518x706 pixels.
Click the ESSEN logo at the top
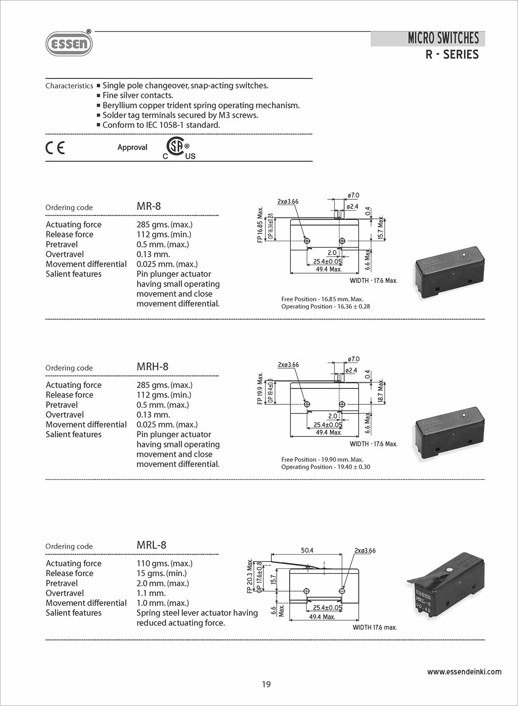[x=69, y=44]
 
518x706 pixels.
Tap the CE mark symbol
[x=55, y=148]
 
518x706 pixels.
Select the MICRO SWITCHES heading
[x=443, y=38]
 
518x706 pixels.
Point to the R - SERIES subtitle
[x=452, y=55]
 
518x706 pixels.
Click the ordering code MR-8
[x=148, y=206]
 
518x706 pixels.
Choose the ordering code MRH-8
[x=152, y=367]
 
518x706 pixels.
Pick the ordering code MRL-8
[x=151, y=545]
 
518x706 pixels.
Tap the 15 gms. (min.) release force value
[x=161, y=574]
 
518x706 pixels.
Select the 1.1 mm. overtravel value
[x=151, y=593]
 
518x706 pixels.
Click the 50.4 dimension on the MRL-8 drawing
[x=307, y=550]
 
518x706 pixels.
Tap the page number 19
[x=266, y=684]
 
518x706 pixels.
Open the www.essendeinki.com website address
[x=464, y=672]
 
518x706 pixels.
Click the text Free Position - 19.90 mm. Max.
[x=322, y=460]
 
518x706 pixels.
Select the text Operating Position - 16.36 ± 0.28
[x=325, y=306]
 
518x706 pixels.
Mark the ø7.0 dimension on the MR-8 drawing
[x=354, y=195]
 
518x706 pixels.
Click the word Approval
[x=132, y=148]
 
